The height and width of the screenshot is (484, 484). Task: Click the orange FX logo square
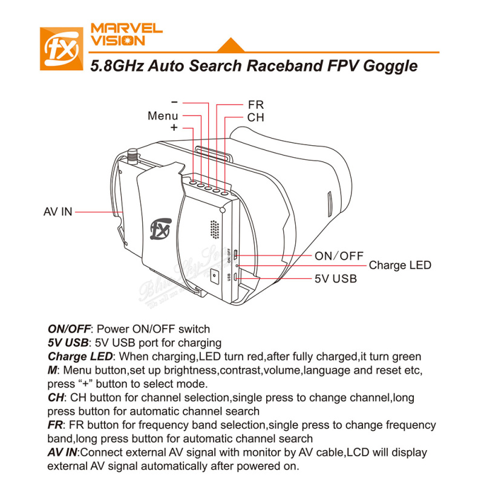coord(60,48)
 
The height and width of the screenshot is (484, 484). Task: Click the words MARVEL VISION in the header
coord(126,34)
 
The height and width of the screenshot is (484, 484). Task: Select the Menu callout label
coord(163,116)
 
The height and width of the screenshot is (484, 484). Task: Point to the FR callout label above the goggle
coord(255,105)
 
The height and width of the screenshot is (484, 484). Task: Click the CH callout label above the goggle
coord(255,117)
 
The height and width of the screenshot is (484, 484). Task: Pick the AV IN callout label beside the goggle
coord(58,212)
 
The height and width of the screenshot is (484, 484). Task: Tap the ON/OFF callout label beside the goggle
coord(339,255)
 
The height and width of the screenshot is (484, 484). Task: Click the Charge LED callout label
coord(400,265)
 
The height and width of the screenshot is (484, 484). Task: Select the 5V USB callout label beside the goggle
coord(336,279)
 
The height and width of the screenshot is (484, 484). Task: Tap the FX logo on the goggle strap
coord(159,230)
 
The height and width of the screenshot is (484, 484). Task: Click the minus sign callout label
coord(174,103)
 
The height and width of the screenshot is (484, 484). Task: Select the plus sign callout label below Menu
coord(174,128)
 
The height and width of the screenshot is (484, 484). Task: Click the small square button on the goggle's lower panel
coord(215,275)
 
